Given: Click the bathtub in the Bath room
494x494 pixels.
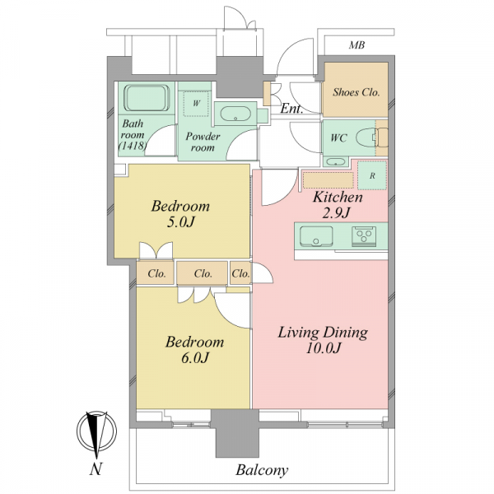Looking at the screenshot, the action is pos(147,98).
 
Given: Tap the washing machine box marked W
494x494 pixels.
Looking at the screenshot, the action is pos(197,104).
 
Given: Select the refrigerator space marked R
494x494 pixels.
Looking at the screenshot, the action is pos(372,175).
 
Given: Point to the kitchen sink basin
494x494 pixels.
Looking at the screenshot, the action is pos(316,236).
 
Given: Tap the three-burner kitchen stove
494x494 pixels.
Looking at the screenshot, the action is pos(364,236).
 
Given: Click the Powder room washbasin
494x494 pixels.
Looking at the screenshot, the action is pos(235,114).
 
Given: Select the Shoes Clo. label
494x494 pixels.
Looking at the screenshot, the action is pos(357,92).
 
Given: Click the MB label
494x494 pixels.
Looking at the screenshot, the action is pos(357,45).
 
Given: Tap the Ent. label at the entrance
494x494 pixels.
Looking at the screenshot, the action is pos(291,109).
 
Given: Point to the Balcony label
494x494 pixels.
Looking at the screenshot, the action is pos(262,471).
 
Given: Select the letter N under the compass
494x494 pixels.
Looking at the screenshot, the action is pos(96,469).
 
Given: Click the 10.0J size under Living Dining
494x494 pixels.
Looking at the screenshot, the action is pos(324,348).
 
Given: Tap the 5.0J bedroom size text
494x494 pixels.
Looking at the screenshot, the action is pos(180,222).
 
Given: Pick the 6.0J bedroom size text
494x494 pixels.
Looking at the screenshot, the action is pos(195,358).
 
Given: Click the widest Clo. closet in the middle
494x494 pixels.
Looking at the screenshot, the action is pos(202,273).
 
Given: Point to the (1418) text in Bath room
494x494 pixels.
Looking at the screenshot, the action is pos(133,146).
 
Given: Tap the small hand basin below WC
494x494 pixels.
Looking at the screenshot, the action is pos(335,162).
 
